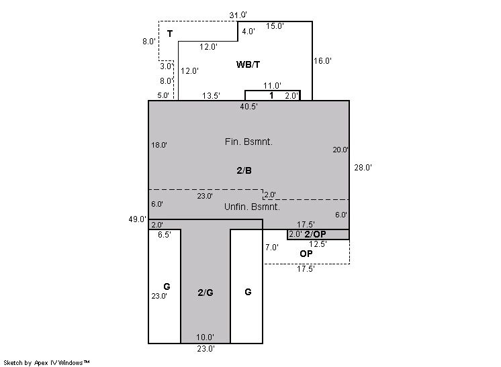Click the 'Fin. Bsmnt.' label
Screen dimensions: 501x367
tap(248, 142)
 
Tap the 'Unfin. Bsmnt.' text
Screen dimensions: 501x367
tap(252, 207)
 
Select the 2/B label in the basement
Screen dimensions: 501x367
tap(244, 170)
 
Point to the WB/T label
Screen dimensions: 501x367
tap(248, 64)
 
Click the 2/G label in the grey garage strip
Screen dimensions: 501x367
tap(206, 293)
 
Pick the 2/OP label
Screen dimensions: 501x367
tap(316, 234)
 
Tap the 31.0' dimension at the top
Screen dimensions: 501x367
tap(238, 15)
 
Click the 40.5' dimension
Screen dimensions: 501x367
tap(249, 107)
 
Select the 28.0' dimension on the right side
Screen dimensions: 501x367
tap(363, 168)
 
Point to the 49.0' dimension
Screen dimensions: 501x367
tap(138, 219)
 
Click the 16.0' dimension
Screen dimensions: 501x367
tap(323, 60)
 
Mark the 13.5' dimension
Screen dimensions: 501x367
tap(211, 96)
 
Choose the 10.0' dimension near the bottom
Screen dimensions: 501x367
tap(205, 337)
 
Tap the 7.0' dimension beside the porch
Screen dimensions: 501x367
tap(272, 248)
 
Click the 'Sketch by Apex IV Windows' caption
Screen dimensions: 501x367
tap(46, 363)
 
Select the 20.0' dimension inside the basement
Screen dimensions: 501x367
tap(340, 150)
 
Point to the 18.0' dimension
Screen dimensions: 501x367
tap(159, 145)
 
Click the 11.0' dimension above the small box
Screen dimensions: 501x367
tap(272, 86)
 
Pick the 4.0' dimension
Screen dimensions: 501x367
tap(248, 32)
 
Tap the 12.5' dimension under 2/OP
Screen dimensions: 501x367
tap(318, 244)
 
